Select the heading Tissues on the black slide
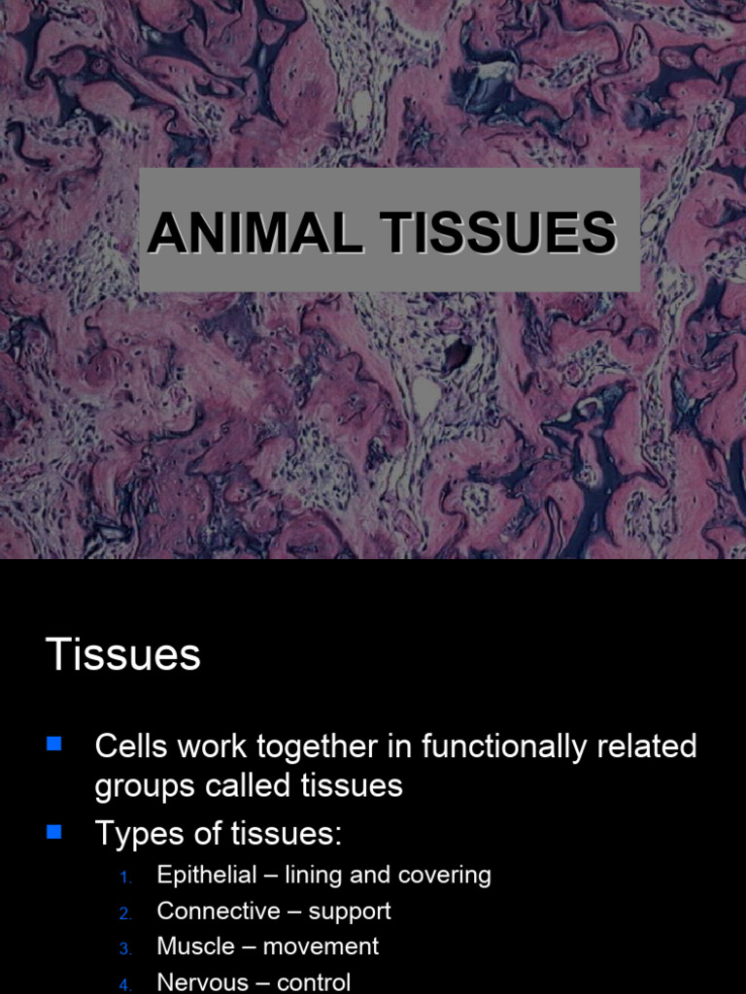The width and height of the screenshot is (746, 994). tap(123, 655)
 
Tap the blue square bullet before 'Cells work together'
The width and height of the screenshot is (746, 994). tap(54, 745)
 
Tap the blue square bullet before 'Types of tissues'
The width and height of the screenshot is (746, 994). tap(54, 831)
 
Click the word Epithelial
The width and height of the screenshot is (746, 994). tap(205, 875)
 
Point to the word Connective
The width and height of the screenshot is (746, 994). tap(219, 911)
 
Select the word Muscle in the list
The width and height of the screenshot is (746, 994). tap(196, 945)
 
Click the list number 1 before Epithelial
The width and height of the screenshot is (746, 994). tap(125, 878)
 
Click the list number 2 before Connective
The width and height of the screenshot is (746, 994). tap(125, 913)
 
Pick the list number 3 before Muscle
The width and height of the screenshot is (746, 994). tap(125, 948)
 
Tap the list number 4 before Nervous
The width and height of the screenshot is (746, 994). tap(125, 984)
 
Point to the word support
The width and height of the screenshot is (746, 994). tap(350, 911)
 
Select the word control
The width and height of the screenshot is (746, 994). tap(314, 981)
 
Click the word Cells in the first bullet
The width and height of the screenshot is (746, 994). tap(128, 746)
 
